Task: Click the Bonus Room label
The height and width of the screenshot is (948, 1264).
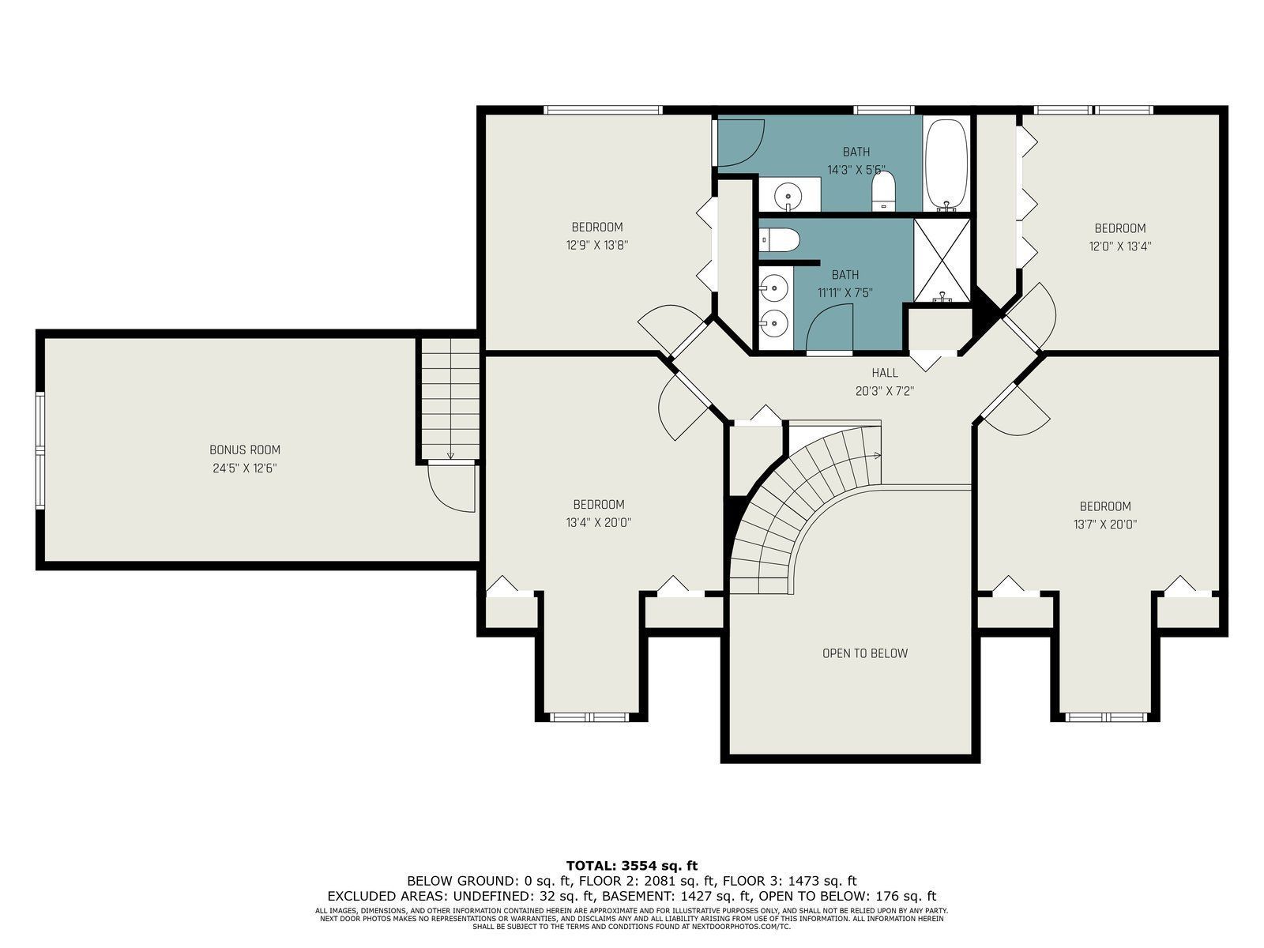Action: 245,450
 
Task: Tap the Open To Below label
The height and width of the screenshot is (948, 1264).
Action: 864,653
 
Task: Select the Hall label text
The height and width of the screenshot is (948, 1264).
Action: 885,373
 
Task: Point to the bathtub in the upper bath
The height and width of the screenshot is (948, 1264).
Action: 946,164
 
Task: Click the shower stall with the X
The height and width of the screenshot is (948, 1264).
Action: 942,260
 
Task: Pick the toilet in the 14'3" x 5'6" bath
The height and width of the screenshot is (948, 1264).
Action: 884,191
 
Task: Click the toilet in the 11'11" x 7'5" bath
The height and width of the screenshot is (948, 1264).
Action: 779,239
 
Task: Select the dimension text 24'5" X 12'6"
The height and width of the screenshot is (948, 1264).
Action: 245,468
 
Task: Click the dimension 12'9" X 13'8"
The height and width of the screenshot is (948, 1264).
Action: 597,245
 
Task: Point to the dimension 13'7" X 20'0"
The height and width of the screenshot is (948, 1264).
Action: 1105,525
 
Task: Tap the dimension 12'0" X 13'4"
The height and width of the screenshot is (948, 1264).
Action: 1120,246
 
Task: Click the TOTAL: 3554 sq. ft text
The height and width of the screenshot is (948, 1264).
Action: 632,865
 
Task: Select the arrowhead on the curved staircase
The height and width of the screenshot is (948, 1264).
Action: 877,456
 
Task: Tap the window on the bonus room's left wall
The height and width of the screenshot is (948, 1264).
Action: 39,450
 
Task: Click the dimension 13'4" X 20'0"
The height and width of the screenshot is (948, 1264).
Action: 599,523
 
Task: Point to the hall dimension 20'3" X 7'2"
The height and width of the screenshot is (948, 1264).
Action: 885,391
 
